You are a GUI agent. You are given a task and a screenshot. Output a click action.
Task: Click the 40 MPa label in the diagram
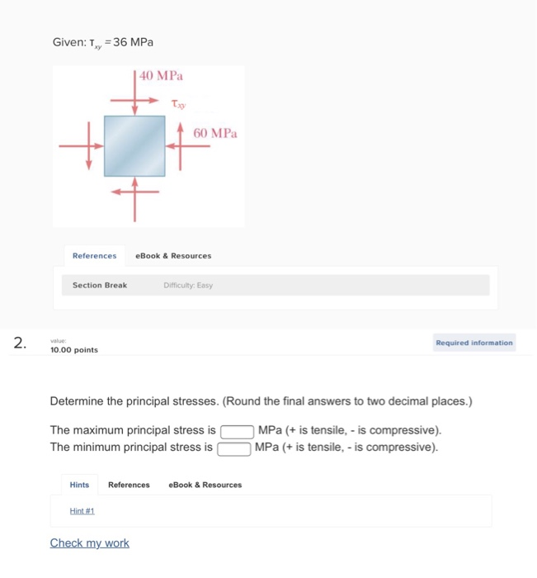[x=162, y=76]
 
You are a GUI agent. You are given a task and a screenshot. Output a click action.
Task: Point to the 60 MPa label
[x=214, y=133]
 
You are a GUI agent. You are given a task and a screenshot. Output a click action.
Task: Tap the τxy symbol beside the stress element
[x=177, y=104]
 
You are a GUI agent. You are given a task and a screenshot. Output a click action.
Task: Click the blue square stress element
[x=134, y=145]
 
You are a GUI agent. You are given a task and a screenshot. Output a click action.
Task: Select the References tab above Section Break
[x=94, y=256]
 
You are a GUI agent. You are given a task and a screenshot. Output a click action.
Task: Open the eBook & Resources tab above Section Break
[x=173, y=256]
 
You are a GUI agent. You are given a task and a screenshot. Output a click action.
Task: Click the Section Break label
[x=100, y=285]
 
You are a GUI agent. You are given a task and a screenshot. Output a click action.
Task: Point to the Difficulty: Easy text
[x=188, y=285]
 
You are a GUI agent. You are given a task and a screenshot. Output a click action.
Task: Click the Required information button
[x=474, y=343]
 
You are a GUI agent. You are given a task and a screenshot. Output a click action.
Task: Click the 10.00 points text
[x=74, y=350]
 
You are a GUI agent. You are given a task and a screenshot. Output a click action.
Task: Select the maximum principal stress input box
[x=236, y=431]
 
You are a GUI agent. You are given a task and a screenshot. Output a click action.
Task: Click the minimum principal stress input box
[x=233, y=448]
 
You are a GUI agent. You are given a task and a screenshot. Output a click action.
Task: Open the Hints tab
[x=79, y=485]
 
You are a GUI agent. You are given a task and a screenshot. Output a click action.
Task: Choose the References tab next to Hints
[x=129, y=485]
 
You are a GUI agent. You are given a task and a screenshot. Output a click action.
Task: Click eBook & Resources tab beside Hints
[x=205, y=485]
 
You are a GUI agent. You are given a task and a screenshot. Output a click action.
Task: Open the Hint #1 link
[x=82, y=511]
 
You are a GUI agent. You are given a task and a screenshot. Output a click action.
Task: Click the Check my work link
[x=89, y=542]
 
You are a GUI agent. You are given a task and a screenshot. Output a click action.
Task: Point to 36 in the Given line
[x=120, y=42]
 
